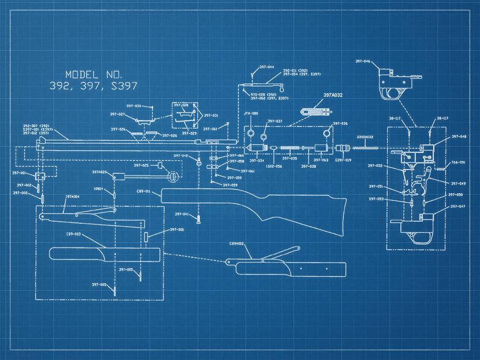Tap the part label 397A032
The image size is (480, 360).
click(333, 95)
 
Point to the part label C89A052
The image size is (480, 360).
click(237, 244)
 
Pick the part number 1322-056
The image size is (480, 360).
click(274, 167)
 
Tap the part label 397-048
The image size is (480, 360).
click(458, 137)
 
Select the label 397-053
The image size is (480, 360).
click(376, 199)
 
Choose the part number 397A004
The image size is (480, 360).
click(73, 197)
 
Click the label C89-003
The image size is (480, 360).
click(74, 234)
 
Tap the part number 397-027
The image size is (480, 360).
click(118, 115)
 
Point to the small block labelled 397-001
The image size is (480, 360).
click(40, 176)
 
